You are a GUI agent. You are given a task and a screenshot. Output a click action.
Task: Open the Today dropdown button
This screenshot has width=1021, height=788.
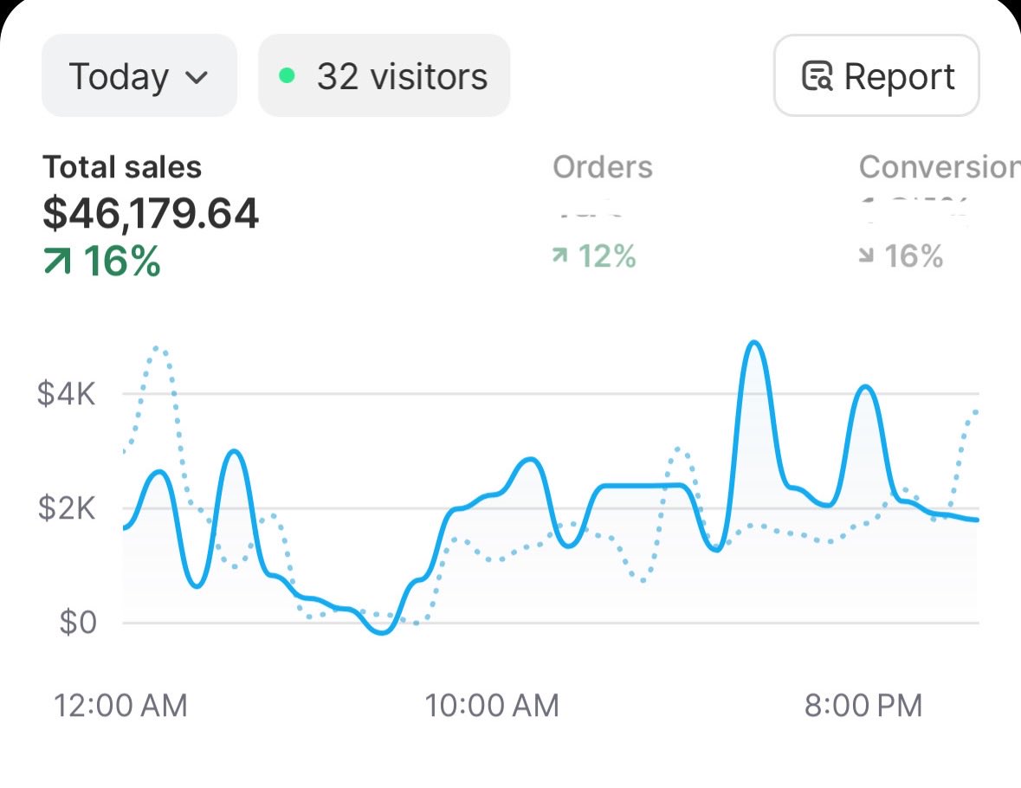click(x=139, y=76)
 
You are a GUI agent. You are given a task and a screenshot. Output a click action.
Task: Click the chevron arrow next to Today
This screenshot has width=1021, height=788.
click(x=197, y=77)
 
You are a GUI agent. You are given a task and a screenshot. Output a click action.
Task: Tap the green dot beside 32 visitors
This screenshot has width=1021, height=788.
click(x=288, y=76)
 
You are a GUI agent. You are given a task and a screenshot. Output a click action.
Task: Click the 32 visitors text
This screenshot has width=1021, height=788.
click(x=402, y=76)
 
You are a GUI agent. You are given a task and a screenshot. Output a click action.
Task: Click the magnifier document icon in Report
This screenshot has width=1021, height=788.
click(x=817, y=76)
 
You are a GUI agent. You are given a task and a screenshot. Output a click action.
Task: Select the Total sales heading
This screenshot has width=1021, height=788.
click(x=122, y=167)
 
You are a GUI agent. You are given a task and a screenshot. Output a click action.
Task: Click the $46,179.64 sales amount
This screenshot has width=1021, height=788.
click(x=151, y=214)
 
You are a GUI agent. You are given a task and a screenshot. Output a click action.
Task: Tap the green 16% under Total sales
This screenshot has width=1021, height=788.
click(x=122, y=262)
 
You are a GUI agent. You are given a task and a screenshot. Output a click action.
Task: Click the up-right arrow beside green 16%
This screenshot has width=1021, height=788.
click(x=58, y=262)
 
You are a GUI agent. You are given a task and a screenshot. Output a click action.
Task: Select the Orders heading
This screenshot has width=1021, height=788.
click(x=603, y=167)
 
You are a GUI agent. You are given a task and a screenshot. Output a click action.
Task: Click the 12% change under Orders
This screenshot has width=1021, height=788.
click(x=606, y=256)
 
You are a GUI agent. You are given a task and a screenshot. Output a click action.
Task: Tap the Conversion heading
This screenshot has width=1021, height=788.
click(x=939, y=167)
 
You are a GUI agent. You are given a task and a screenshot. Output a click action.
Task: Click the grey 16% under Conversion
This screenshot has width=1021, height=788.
click(x=913, y=256)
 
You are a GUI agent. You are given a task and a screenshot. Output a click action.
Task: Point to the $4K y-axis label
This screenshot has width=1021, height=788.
click(x=66, y=395)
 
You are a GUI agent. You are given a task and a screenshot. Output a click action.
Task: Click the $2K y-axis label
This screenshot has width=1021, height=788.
click(x=66, y=508)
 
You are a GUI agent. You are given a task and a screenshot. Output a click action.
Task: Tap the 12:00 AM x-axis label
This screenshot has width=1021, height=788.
click(x=120, y=705)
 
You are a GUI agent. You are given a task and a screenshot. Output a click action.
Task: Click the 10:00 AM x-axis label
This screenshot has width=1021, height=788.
click(x=491, y=705)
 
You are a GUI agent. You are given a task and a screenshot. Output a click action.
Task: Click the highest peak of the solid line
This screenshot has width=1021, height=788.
click(x=754, y=343)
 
